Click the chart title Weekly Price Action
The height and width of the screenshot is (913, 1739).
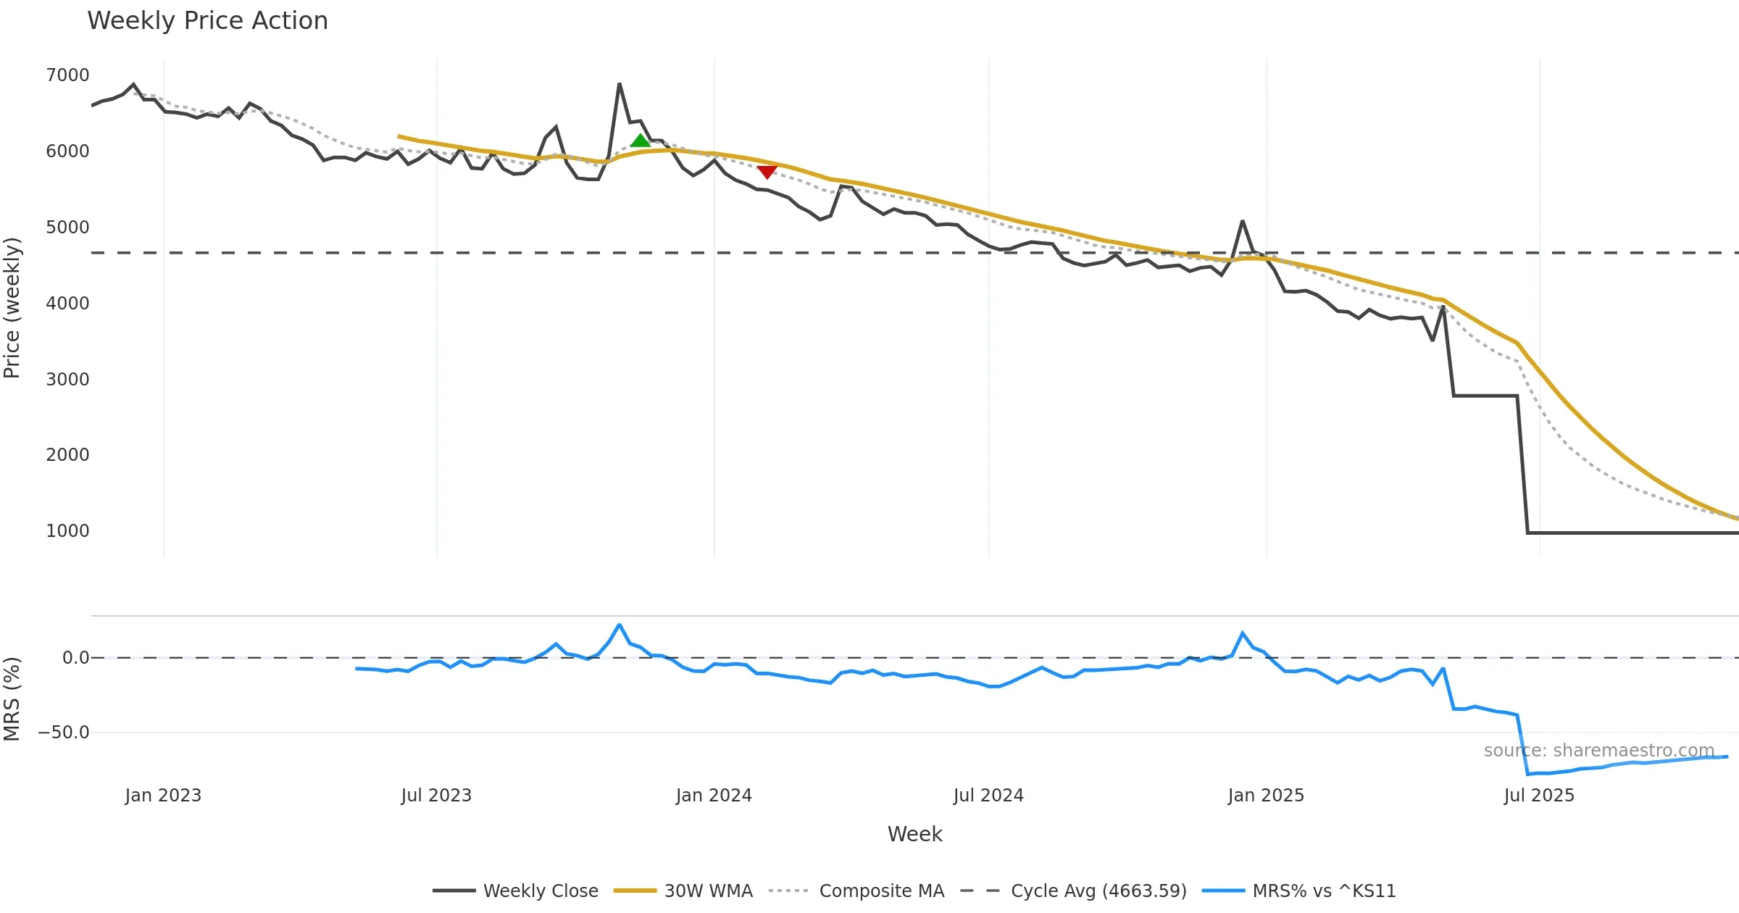207,21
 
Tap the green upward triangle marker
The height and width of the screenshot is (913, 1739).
641,141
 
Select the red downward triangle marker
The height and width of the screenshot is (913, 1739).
767,172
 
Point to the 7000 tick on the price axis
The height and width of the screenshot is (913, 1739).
67,75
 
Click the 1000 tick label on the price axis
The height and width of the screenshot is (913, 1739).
67,531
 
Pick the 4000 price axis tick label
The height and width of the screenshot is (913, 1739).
67,304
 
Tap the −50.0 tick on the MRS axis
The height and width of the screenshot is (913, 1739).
64,733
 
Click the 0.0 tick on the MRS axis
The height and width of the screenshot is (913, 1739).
75,658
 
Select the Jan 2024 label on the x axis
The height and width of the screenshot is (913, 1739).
714,796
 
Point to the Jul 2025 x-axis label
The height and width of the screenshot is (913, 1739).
1539,796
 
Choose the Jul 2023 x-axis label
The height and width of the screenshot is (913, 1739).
436,796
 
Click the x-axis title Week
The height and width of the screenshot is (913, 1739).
914,835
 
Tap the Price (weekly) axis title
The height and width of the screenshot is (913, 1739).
12,308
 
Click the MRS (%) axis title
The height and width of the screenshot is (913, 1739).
12,699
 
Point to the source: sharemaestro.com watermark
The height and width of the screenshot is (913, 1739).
1598,751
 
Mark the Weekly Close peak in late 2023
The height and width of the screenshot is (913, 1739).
620,84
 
